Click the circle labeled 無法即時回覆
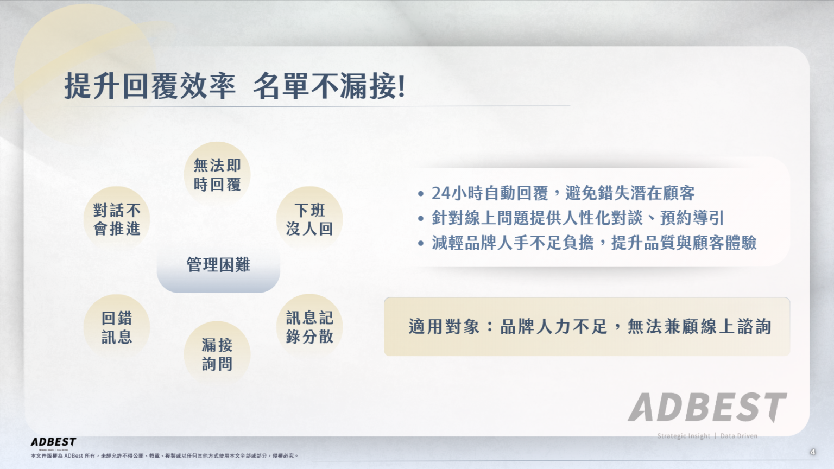point(217,175)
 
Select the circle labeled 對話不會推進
point(117,219)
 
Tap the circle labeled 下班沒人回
point(309,219)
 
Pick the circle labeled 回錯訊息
point(117,327)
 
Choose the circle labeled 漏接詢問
point(217,354)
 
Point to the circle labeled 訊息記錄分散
point(309,327)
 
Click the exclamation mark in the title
point(401,87)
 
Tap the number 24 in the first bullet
point(441,193)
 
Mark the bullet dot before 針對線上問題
point(421,219)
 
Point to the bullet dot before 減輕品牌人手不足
point(421,244)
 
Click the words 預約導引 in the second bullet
point(692,218)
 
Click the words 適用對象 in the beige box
point(444,327)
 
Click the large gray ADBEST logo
point(707,408)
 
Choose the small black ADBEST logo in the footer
point(53,442)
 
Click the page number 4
point(812,452)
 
